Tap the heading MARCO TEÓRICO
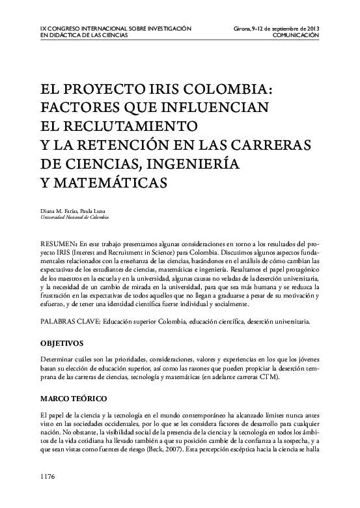72,398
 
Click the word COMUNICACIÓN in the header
296,36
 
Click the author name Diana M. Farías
59,210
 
